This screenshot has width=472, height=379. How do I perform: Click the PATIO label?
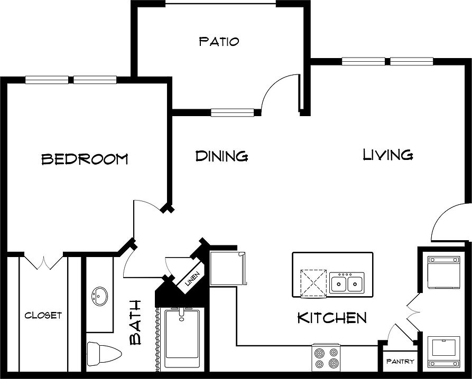coord(219,41)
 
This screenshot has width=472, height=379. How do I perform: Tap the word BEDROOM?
coord(85,159)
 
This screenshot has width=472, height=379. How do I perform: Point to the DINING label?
coord(221,156)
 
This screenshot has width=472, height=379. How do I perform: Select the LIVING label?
coord(388,155)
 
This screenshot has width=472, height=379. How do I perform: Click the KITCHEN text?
coord(332,318)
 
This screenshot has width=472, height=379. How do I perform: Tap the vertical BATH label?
coord(135,322)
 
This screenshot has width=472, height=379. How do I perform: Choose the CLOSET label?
coord(43,315)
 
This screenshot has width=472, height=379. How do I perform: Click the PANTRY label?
coord(400,361)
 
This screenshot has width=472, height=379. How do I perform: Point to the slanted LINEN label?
coord(192,279)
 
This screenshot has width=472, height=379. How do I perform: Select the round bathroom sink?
coord(99,296)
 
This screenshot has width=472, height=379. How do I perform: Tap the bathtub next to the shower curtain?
coord(182,338)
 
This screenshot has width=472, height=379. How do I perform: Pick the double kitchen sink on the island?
coord(347,283)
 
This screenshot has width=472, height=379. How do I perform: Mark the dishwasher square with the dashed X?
coord(313,283)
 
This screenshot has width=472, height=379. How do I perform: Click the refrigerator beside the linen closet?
coord(228,268)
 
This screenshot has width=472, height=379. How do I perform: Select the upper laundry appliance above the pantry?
coord(444,272)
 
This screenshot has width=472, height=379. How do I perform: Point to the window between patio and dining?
coord(233,112)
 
